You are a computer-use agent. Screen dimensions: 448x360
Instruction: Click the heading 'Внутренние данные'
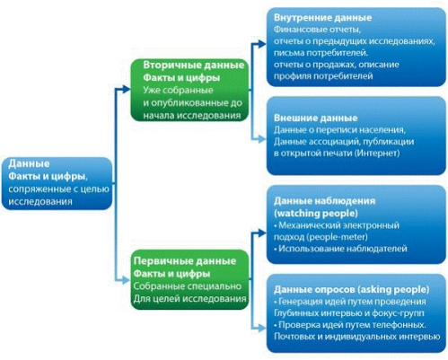coord(322,17)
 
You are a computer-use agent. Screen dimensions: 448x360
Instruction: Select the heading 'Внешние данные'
coord(315,118)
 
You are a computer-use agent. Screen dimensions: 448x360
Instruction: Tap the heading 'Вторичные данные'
coord(194,65)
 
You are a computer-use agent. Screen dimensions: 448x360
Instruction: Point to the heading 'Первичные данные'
coord(185,261)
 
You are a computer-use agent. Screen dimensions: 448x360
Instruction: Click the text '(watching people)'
coord(316,214)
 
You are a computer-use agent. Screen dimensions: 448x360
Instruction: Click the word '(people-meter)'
coord(338,237)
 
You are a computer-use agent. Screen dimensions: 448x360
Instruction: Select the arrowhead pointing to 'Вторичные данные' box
coord(127,89)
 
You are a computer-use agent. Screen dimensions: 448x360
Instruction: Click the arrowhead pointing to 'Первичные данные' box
coord(127,280)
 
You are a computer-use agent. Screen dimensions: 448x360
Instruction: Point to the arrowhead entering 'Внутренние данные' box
coord(262,44)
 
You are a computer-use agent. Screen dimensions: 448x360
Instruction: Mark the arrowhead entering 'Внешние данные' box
coord(262,138)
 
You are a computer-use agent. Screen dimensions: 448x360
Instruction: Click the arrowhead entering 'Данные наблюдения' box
coord(262,233)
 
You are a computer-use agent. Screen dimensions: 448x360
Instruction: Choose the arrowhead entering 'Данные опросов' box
coord(262,328)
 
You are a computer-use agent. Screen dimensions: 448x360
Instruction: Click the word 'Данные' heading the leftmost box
coord(29,163)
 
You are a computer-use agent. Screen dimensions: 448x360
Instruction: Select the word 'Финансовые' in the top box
coord(300,30)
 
